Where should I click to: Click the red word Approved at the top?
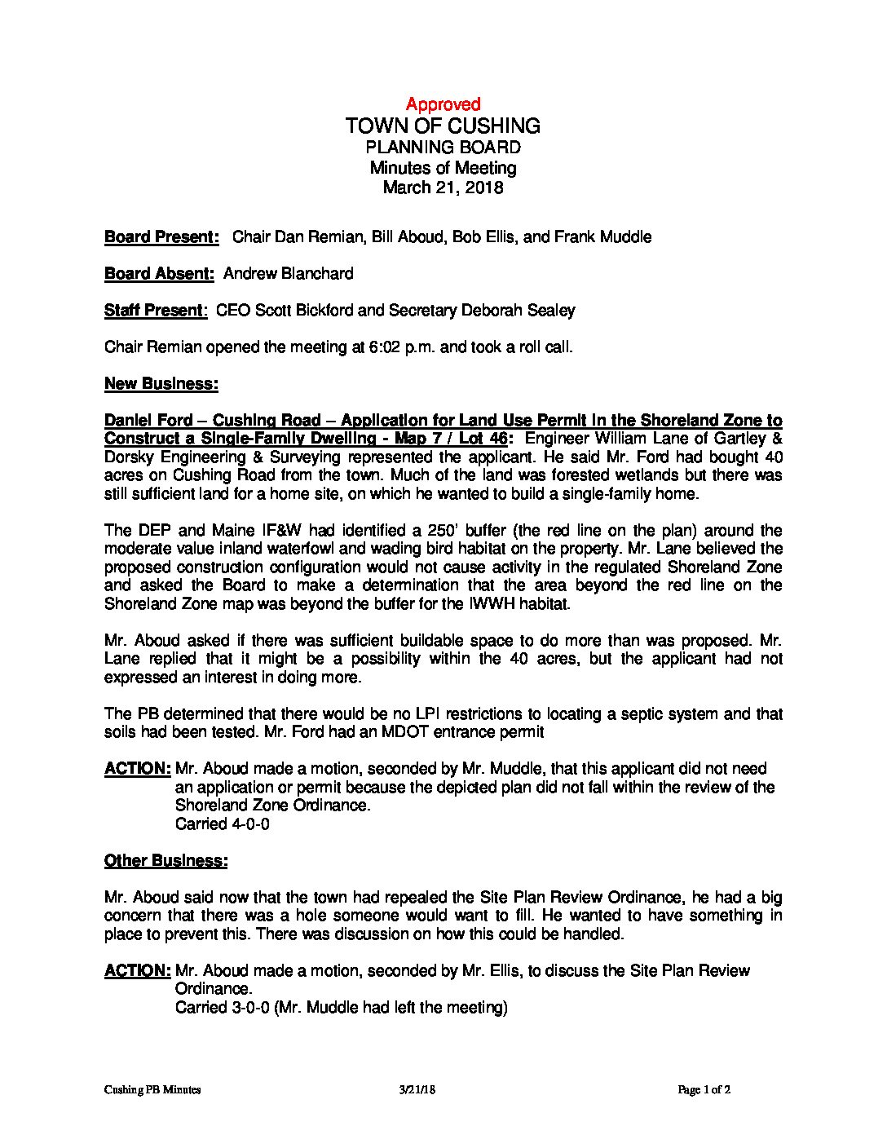tap(443, 104)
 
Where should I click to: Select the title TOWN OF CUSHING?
tap(443, 126)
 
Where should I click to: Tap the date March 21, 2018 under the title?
tap(443, 188)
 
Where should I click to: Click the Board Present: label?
tap(161, 237)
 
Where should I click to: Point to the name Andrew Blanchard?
tap(288, 274)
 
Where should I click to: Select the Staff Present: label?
tap(155, 311)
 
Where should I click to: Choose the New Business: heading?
tap(161, 384)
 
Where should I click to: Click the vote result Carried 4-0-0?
tap(223, 824)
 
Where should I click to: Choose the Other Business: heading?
tap(166, 861)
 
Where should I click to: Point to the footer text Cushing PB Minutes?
tap(152, 1090)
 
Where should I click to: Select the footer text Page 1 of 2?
tap(705, 1090)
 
